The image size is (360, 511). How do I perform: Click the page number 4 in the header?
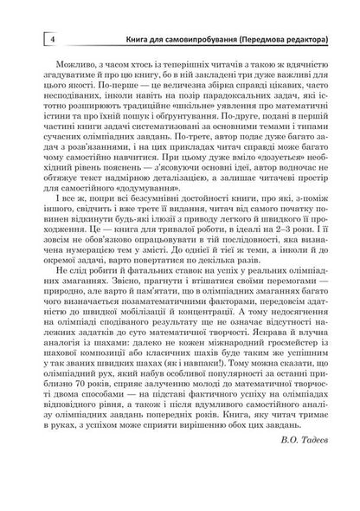[29, 39]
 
